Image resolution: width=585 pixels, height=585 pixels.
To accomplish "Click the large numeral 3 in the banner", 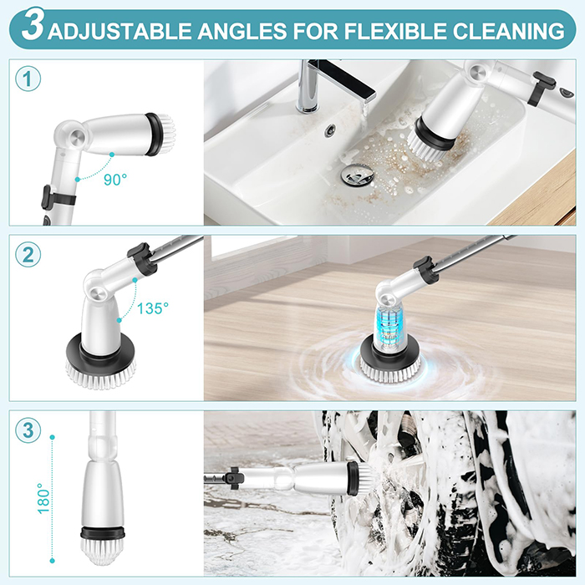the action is coord(33,25).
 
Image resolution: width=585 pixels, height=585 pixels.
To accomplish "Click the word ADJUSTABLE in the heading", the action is coord(120,32).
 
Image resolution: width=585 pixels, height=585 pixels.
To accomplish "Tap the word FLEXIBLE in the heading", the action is coord(395,32).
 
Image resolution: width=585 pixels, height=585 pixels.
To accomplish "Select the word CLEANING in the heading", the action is coord(508,32).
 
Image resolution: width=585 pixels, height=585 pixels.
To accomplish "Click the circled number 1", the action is coord(28,79).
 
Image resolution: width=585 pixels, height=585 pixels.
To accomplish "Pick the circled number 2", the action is coord(28,255).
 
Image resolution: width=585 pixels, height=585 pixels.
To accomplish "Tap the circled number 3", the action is coord(28,430).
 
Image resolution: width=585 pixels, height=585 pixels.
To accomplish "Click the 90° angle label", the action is coord(115,180).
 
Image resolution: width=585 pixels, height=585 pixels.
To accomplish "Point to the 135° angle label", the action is coord(153,308).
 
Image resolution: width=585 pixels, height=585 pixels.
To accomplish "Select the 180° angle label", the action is coord(43,498).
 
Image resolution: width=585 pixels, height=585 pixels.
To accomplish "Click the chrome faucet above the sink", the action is coord(328,86).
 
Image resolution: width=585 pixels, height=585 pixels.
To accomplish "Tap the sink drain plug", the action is coord(357,175).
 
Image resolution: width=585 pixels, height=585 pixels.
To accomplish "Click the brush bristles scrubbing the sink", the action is coord(427,146).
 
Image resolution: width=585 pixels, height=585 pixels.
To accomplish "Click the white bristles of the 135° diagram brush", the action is coord(101,375).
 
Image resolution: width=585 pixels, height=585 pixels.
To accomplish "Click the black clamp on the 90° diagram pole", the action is coord(58,198).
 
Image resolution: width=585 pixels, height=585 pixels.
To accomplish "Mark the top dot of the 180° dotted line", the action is coord(52,437).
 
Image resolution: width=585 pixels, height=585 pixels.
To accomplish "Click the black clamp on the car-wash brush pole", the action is coord(234,478).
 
